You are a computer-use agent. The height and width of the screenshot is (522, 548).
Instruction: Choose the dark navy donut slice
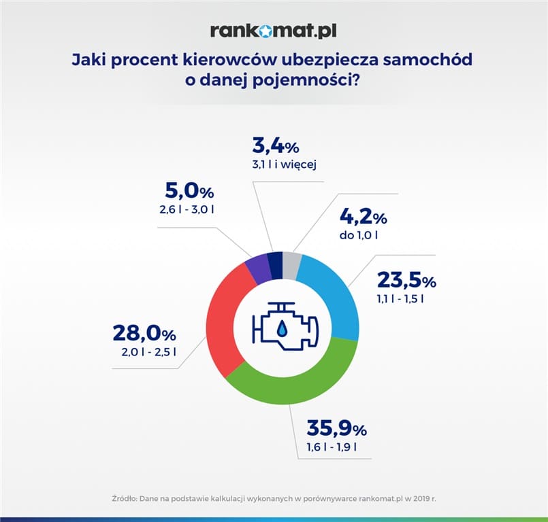(x=274, y=264)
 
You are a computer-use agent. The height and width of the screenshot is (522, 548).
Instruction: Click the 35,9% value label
(x=336, y=429)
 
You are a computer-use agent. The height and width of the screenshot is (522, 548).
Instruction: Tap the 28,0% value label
(x=144, y=334)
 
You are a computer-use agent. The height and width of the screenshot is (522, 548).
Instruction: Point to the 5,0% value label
(x=190, y=192)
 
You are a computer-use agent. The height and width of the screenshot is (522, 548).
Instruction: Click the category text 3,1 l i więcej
(x=285, y=164)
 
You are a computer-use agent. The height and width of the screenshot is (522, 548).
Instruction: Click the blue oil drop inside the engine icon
(x=282, y=330)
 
